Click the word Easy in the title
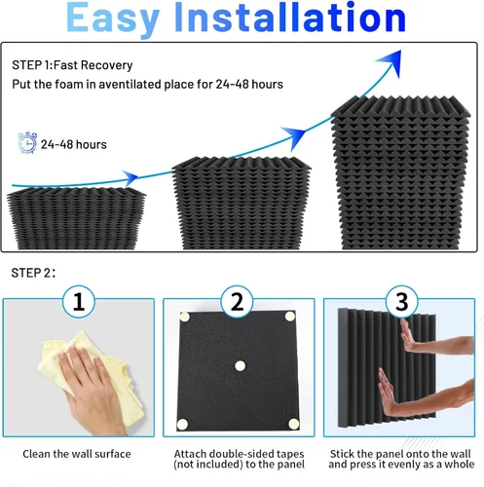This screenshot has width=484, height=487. point(113,19)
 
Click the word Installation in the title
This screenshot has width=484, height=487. point(290,17)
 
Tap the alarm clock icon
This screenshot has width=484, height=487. point(27,142)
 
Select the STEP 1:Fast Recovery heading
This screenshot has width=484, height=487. point(72,65)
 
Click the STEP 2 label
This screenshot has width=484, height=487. point(33,273)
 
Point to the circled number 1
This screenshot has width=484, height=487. point(79,302)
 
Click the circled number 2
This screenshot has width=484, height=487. point(237,302)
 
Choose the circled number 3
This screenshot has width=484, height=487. point(402,302)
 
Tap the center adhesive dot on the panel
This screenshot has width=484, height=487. point(241,366)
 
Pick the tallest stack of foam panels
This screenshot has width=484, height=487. point(400,172)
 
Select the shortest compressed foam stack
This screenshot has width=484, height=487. point(76,218)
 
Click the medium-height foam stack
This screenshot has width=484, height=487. point(242,203)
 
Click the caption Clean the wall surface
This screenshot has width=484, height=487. point(77,454)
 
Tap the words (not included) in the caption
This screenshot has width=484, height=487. point(208,465)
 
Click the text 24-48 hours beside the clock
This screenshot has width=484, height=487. point(74,144)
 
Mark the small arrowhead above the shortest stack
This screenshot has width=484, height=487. point(130,177)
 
